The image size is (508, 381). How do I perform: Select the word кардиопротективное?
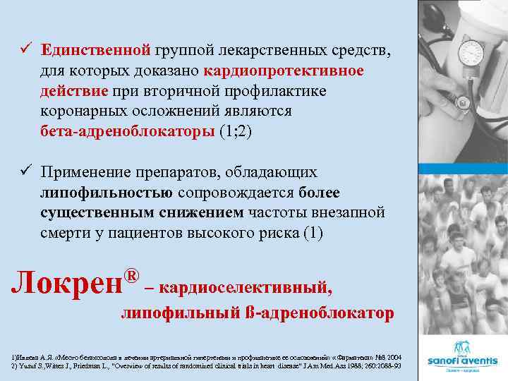point(284,71)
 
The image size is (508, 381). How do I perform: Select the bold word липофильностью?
point(107,193)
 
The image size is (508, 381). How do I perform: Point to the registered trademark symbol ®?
point(131,272)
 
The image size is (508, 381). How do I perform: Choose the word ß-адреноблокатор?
point(317,313)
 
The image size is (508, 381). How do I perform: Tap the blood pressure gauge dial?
point(471,53)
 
